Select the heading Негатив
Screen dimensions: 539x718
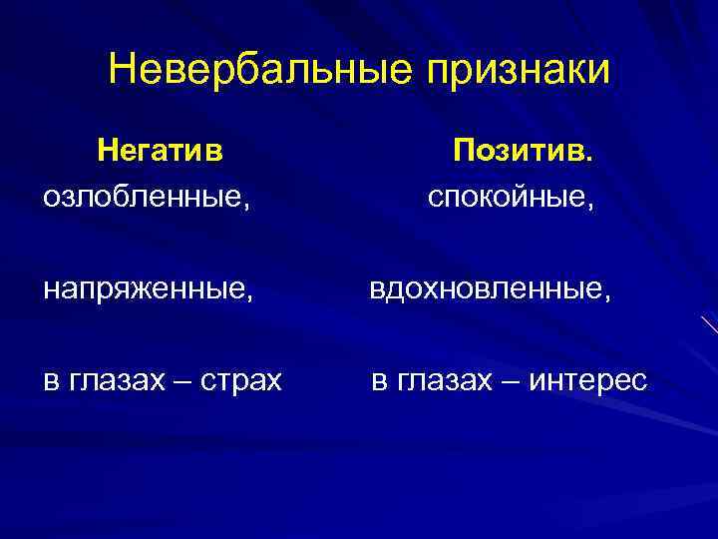pos(160,151)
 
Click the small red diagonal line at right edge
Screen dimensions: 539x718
pos(709,325)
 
